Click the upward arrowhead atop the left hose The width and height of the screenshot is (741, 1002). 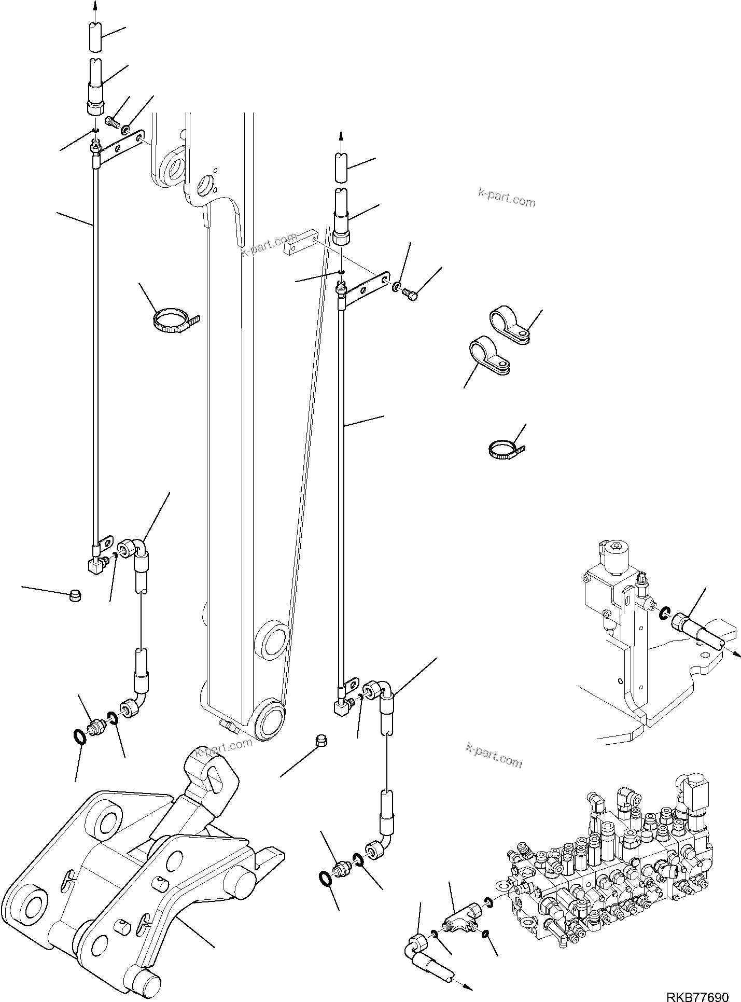(95, 6)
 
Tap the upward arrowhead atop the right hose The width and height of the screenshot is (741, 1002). (341, 136)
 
